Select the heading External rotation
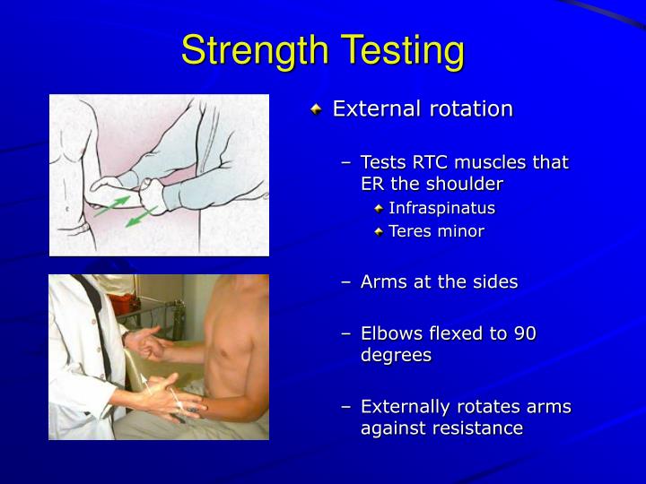(423, 109)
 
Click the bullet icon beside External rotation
(315, 109)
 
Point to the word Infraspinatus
(441, 208)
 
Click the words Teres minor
(436, 231)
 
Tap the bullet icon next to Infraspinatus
(380, 208)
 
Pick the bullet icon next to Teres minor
(380, 231)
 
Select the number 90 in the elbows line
(525, 333)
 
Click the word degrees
(396, 355)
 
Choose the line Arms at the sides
(439, 281)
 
